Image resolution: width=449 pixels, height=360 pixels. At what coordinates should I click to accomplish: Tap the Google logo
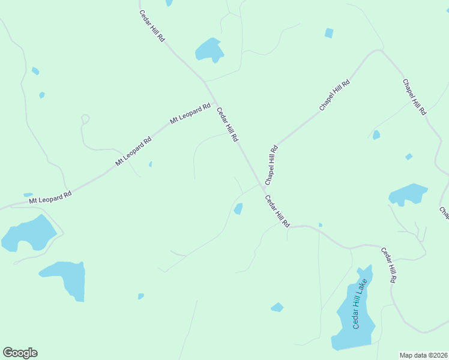coord(20,353)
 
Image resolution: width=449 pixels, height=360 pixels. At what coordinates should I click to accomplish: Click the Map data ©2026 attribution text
coord(423,355)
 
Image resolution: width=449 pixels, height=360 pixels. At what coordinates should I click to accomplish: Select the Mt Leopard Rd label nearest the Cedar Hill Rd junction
coord(190,113)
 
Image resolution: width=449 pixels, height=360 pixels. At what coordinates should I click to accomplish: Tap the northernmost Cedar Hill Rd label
coord(152,25)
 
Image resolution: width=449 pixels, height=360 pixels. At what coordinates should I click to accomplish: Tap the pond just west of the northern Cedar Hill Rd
coord(209,50)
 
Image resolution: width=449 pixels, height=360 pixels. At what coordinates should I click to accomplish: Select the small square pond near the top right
coord(329,33)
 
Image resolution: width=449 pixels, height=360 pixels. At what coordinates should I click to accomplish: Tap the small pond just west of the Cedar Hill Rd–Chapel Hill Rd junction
coord(238,209)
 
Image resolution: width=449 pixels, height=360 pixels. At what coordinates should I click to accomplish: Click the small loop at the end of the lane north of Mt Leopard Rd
coord(85,119)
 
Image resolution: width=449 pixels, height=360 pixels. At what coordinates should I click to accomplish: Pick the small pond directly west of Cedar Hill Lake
coord(277,307)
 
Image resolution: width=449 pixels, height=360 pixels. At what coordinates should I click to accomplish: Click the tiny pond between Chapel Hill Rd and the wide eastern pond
coord(376,135)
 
